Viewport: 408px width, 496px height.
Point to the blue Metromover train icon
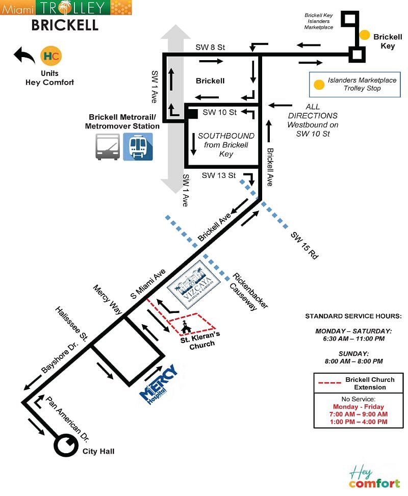(138, 147)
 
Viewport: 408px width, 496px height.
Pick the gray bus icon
(108, 147)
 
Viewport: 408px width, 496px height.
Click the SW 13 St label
(218, 175)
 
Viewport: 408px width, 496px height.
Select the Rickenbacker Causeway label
(250, 292)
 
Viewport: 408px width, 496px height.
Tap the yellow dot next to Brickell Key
(365, 35)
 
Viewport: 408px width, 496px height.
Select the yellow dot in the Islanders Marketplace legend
(319, 85)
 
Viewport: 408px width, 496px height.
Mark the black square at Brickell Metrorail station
(192, 114)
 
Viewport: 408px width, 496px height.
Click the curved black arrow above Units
(24, 55)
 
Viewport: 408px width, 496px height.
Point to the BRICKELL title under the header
(65, 25)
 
